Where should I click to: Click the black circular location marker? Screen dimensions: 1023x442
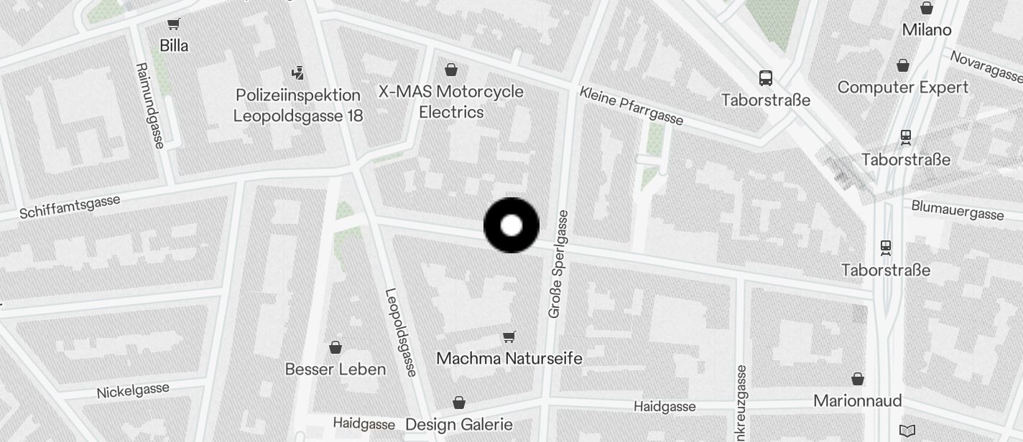click(511, 225)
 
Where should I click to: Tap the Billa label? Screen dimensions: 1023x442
click(174, 46)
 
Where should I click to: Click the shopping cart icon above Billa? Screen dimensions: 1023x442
click(173, 24)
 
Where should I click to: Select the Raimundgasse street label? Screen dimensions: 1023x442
click(150, 105)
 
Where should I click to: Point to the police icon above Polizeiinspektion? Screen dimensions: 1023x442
click(298, 72)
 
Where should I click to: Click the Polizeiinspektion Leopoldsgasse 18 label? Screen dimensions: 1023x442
click(298, 105)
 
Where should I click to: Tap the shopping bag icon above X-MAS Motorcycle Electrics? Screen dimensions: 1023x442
click(451, 70)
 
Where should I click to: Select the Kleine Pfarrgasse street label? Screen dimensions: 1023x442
click(631, 105)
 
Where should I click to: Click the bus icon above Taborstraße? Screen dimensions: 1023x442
click(766, 78)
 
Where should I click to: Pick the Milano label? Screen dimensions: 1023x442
click(927, 30)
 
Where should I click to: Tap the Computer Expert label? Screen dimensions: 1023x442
click(903, 88)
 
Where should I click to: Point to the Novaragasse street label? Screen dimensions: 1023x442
click(986, 66)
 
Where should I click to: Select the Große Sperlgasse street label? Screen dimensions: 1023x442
click(558, 264)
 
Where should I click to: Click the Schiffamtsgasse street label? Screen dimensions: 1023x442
click(70, 207)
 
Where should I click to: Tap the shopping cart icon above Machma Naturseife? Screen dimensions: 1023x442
click(509, 337)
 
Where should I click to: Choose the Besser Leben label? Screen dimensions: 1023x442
click(335, 370)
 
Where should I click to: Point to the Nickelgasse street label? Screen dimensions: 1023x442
click(133, 391)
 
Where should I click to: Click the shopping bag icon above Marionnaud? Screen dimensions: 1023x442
click(858, 379)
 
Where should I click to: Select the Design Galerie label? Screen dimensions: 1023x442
click(459, 424)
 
